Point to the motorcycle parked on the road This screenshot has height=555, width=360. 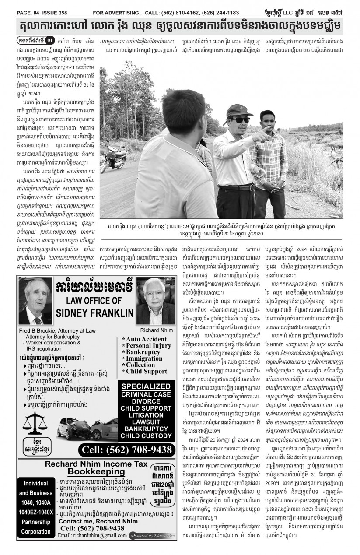113,159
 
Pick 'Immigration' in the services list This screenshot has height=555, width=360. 144,358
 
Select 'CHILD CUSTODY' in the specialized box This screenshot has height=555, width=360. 146,436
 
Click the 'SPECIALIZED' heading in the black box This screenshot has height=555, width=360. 146,386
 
